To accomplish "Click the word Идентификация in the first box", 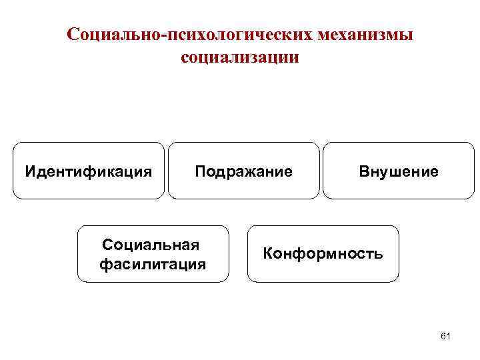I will coord(89,172).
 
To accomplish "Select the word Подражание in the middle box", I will coord(243,172).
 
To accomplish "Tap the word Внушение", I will coord(399,172).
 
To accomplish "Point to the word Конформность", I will coord(323,254).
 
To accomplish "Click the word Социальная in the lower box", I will coord(153,246).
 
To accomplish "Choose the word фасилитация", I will coord(153,265).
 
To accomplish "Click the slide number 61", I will coord(446,336).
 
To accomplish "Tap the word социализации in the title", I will coord(240,57).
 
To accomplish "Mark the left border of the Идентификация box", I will coord(13,171).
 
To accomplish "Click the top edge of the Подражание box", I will coord(243,143).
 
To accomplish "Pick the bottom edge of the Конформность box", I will coord(323,282).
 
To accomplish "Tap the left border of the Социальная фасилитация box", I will coord(78,254).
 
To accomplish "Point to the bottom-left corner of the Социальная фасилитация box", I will coord(81,280).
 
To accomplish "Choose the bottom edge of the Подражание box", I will coord(243,199).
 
